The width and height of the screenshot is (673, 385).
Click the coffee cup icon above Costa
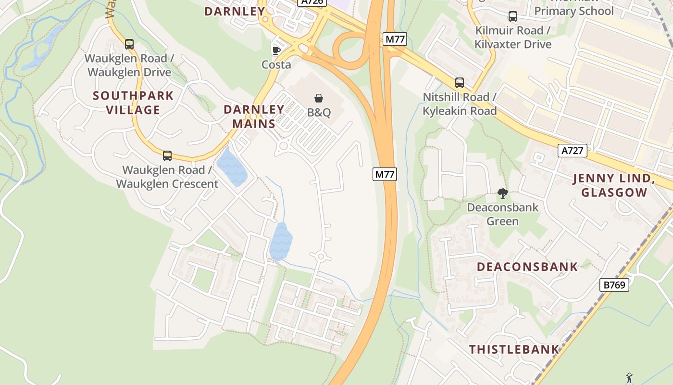click(x=276, y=50)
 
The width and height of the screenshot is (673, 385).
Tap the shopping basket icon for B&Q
click(x=319, y=98)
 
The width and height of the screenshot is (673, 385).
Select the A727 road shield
click(x=573, y=151)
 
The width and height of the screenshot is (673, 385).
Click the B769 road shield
click(x=614, y=285)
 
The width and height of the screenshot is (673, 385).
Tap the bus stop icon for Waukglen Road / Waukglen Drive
click(x=129, y=44)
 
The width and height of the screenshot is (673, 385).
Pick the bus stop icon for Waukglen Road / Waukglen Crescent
click(x=167, y=156)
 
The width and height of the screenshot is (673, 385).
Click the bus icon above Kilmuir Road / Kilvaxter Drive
click(x=513, y=16)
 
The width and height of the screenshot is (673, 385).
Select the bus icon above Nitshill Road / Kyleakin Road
click(x=460, y=83)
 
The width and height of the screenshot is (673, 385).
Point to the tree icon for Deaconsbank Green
click(x=503, y=193)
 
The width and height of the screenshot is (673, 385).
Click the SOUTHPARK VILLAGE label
click(x=133, y=103)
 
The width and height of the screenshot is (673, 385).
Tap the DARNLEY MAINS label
click(x=254, y=116)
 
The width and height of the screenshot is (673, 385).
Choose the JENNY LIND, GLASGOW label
click(x=614, y=186)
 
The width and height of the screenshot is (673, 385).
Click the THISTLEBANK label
click(x=514, y=349)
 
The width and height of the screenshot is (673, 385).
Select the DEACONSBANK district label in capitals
click(x=527, y=267)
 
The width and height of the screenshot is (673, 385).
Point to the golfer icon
click(x=629, y=378)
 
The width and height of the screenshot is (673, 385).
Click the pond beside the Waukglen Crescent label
click(x=232, y=167)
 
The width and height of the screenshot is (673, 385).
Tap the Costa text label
click(x=276, y=64)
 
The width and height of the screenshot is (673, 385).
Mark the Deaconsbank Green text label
click(x=503, y=215)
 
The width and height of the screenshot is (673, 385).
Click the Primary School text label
click(x=574, y=11)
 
